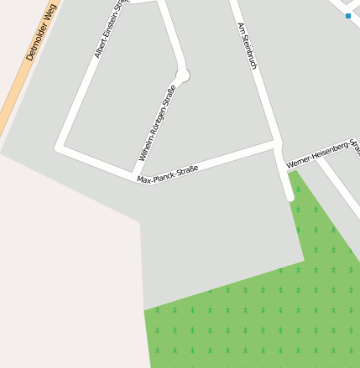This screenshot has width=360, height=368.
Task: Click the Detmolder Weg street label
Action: (x=41, y=33)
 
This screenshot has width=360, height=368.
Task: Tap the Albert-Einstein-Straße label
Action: (x=110, y=29)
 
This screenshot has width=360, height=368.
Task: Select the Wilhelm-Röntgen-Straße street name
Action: (x=157, y=123)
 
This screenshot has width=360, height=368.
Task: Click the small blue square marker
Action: (x=348, y=15)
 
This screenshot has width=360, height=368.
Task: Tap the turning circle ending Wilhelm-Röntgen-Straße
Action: (x=183, y=75)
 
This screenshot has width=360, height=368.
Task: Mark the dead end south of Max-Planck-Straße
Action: (x=290, y=197)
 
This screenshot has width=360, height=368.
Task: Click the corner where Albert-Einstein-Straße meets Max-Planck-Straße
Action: (x=60, y=148)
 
